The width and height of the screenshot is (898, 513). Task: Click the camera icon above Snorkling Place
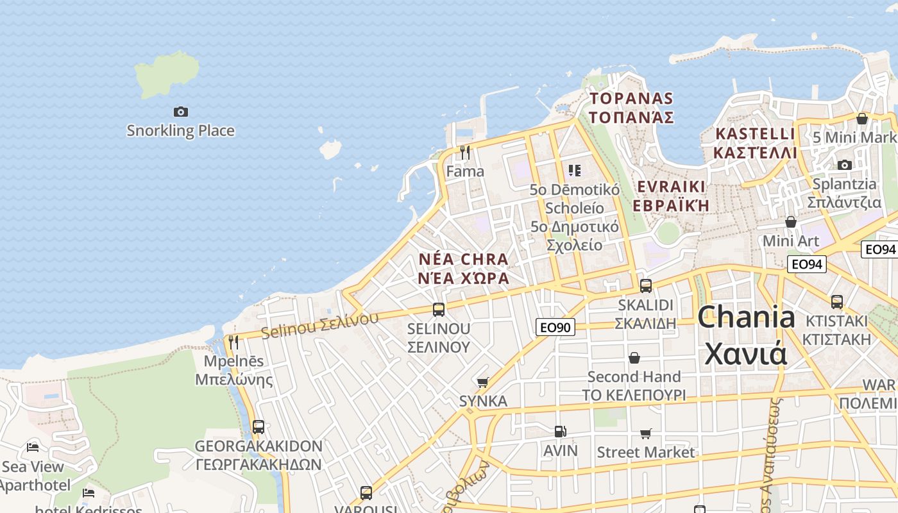pyautogui.click(x=181, y=112)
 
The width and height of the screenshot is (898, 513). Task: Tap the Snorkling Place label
pyautogui.click(x=180, y=131)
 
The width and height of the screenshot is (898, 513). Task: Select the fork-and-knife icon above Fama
pyautogui.click(x=465, y=153)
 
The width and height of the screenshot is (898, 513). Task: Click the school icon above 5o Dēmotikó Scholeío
pyautogui.click(x=574, y=171)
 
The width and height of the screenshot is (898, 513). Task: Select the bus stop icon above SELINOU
pyautogui.click(x=439, y=310)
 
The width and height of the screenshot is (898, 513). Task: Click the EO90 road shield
pyautogui.click(x=555, y=327)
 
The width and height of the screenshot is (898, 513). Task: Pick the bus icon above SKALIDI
pyautogui.click(x=646, y=286)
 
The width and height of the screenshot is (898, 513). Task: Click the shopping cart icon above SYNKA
pyautogui.click(x=483, y=383)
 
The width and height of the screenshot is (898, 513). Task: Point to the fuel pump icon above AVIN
pyautogui.click(x=561, y=432)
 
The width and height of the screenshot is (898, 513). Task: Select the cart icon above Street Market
pyautogui.click(x=646, y=434)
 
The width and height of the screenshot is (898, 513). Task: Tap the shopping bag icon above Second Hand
pyautogui.click(x=634, y=358)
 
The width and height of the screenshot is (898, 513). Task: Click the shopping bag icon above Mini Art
pyautogui.click(x=791, y=222)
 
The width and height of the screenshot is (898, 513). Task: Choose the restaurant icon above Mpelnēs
pyautogui.click(x=233, y=342)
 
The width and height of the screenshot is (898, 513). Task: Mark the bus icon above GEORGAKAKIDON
pyautogui.click(x=258, y=427)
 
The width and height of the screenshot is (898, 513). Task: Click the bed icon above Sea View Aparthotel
pyautogui.click(x=33, y=447)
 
